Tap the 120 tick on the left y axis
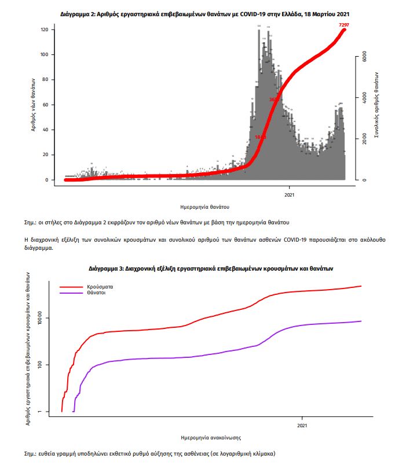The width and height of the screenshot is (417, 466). click(43, 29)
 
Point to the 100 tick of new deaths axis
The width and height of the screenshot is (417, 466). click(43, 55)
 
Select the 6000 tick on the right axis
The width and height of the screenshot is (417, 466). click(364, 57)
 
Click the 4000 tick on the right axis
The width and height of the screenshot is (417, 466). click(364, 98)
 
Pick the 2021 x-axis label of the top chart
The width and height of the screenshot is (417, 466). click(290, 195)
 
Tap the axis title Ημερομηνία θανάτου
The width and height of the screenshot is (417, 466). click(205, 206)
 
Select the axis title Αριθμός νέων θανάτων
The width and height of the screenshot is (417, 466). click(34, 105)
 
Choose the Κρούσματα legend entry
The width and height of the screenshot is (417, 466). click(100, 286)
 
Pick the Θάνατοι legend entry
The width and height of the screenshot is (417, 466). click(97, 293)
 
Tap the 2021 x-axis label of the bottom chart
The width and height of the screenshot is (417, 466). click(302, 426)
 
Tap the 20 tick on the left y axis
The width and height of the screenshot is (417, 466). click(45, 155)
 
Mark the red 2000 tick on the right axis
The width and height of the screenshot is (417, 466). click(364, 139)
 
